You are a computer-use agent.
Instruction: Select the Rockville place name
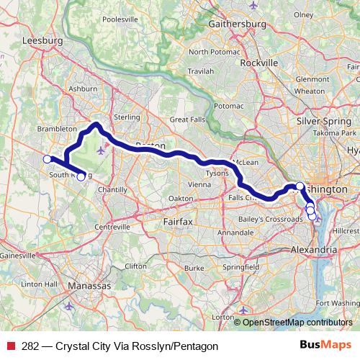tap(258, 63)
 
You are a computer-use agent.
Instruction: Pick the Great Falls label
tap(188, 119)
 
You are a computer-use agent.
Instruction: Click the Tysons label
tap(217, 174)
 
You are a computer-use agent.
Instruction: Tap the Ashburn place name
tap(81, 89)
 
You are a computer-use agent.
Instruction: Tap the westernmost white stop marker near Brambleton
tap(47, 159)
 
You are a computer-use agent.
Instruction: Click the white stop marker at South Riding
tap(81, 176)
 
